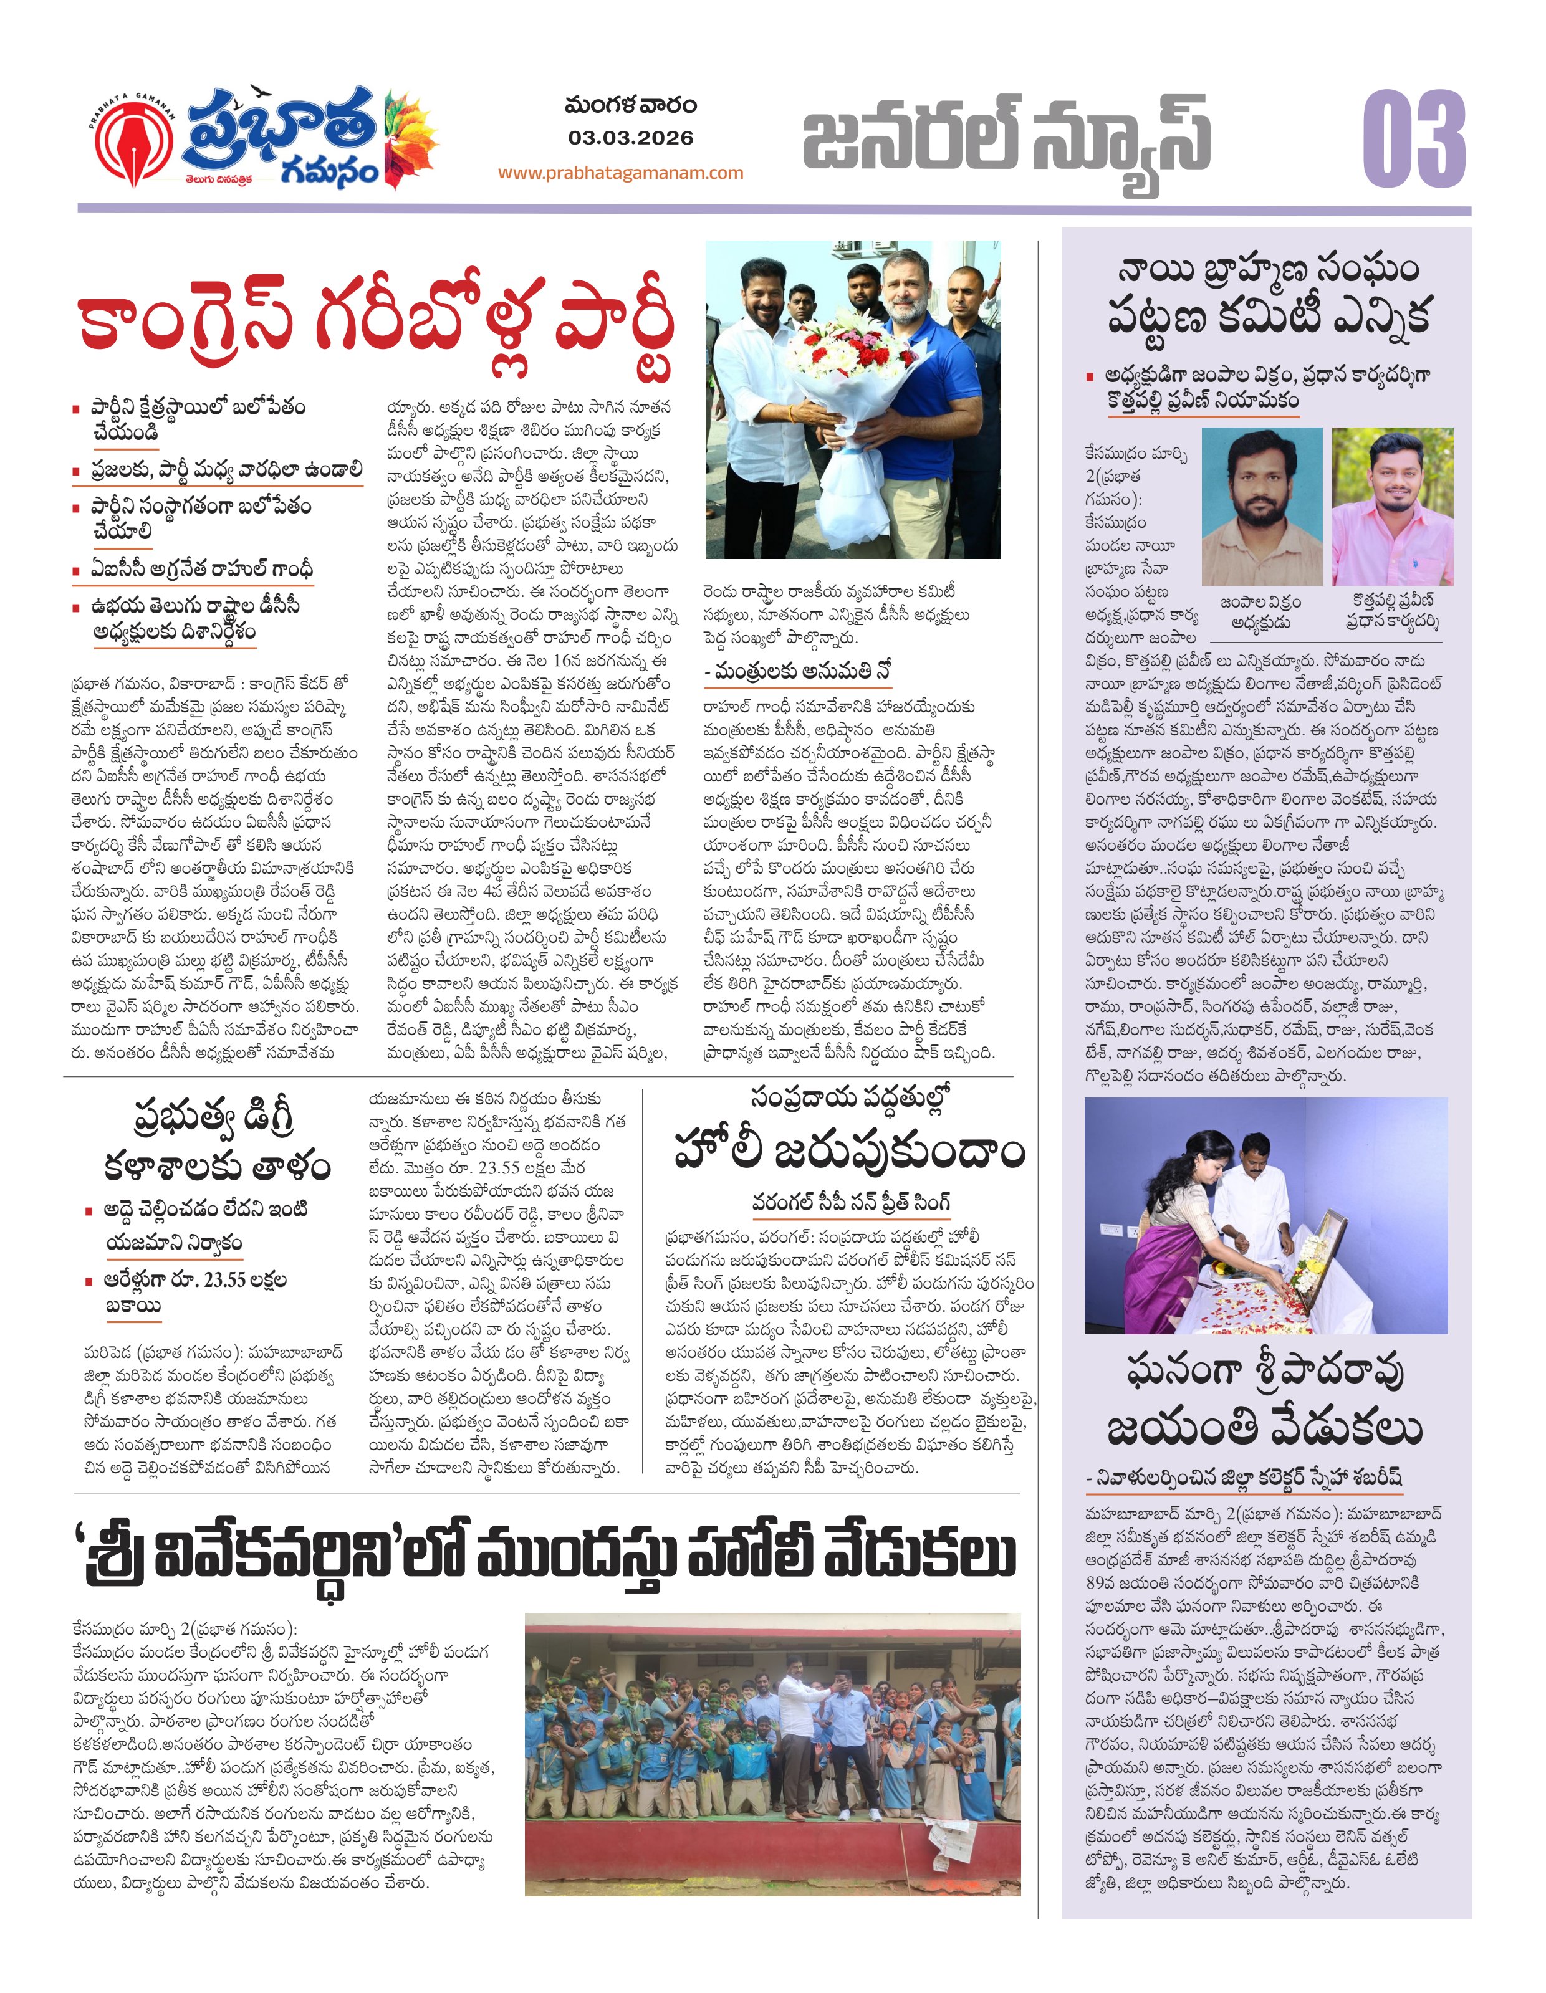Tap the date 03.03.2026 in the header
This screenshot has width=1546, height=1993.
click(x=630, y=139)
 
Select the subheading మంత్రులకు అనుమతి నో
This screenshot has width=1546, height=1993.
click(x=798, y=672)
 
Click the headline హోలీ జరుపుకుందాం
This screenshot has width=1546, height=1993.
click(x=849, y=1152)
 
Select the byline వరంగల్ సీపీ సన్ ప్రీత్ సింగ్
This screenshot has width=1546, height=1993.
click(x=850, y=1203)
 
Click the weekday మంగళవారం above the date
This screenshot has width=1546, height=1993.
click(x=630, y=107)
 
